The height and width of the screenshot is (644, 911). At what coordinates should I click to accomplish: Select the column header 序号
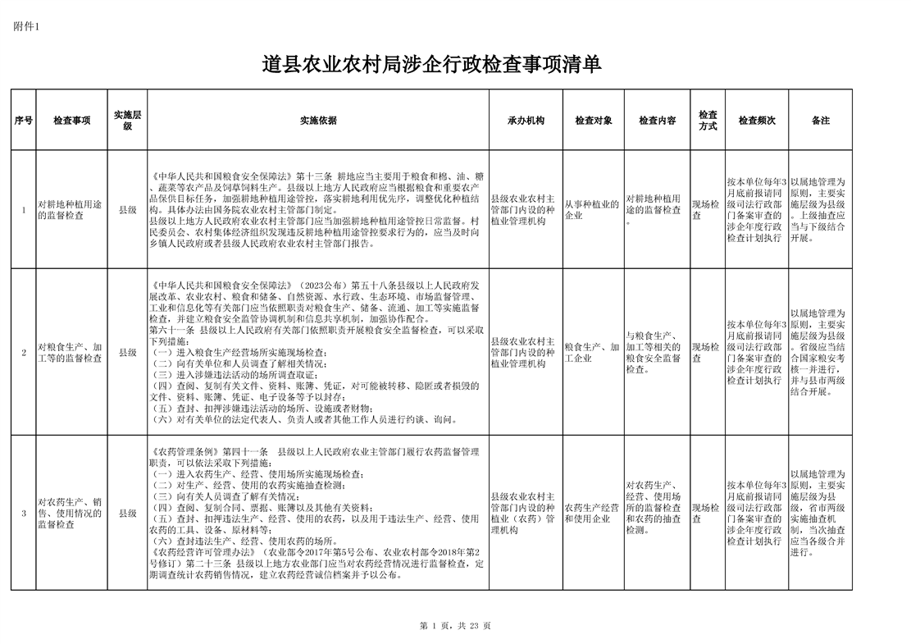point(24,121)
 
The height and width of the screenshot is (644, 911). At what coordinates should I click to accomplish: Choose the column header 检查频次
point(757,121)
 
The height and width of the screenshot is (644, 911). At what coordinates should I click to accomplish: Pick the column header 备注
point(820,121)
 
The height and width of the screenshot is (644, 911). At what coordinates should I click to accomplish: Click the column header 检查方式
point(708,121)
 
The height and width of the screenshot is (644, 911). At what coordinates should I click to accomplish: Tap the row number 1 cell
point(24,210)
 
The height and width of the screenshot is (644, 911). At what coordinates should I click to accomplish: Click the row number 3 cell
point(24,514)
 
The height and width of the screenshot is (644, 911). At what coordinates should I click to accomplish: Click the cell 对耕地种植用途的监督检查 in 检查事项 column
point(70,210)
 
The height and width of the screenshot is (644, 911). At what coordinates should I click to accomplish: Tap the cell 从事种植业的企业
point(591,210)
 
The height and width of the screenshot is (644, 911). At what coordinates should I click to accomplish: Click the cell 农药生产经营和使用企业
point(591,514)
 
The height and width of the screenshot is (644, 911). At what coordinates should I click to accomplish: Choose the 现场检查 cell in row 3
point(707,514)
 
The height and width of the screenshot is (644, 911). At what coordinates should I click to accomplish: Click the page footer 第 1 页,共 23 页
point(455,626)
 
